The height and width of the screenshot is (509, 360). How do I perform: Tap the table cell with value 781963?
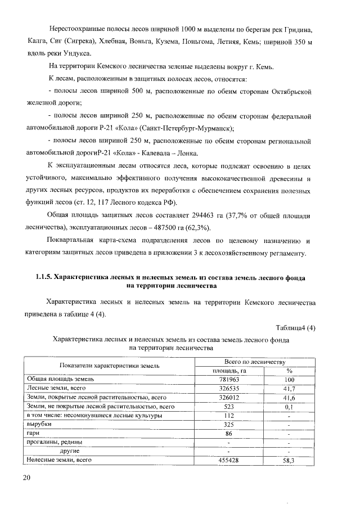228,379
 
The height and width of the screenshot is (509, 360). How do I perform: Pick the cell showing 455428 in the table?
228,460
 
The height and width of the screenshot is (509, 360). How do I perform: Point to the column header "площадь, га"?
228,370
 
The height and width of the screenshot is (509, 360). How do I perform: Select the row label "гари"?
32,433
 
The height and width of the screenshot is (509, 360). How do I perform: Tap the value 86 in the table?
228,433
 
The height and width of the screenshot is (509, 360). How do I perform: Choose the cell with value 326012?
228,397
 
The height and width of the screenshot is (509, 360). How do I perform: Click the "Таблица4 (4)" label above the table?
295,328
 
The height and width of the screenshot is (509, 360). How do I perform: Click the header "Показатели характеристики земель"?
110,366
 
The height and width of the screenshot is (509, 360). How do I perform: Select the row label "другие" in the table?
69,451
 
